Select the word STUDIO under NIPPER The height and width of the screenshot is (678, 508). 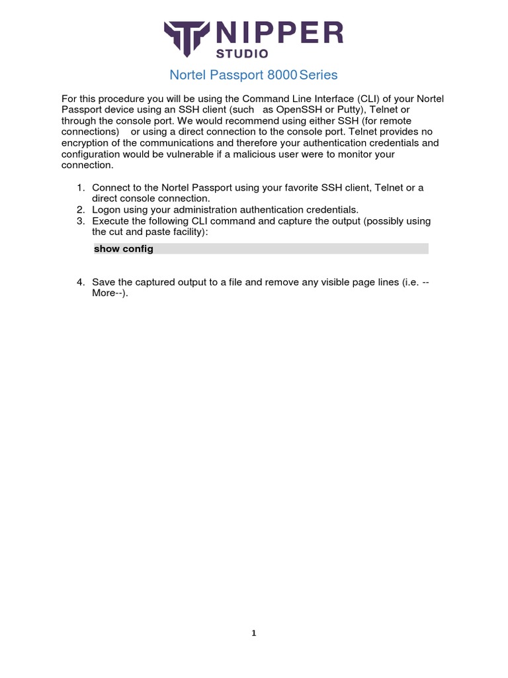click(244, 53)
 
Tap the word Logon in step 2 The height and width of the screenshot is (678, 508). click(106, 210)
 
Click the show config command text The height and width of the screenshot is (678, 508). click(124, 249)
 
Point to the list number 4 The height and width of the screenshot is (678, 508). click(81, 283)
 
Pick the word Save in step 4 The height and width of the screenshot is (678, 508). click(103, 283)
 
